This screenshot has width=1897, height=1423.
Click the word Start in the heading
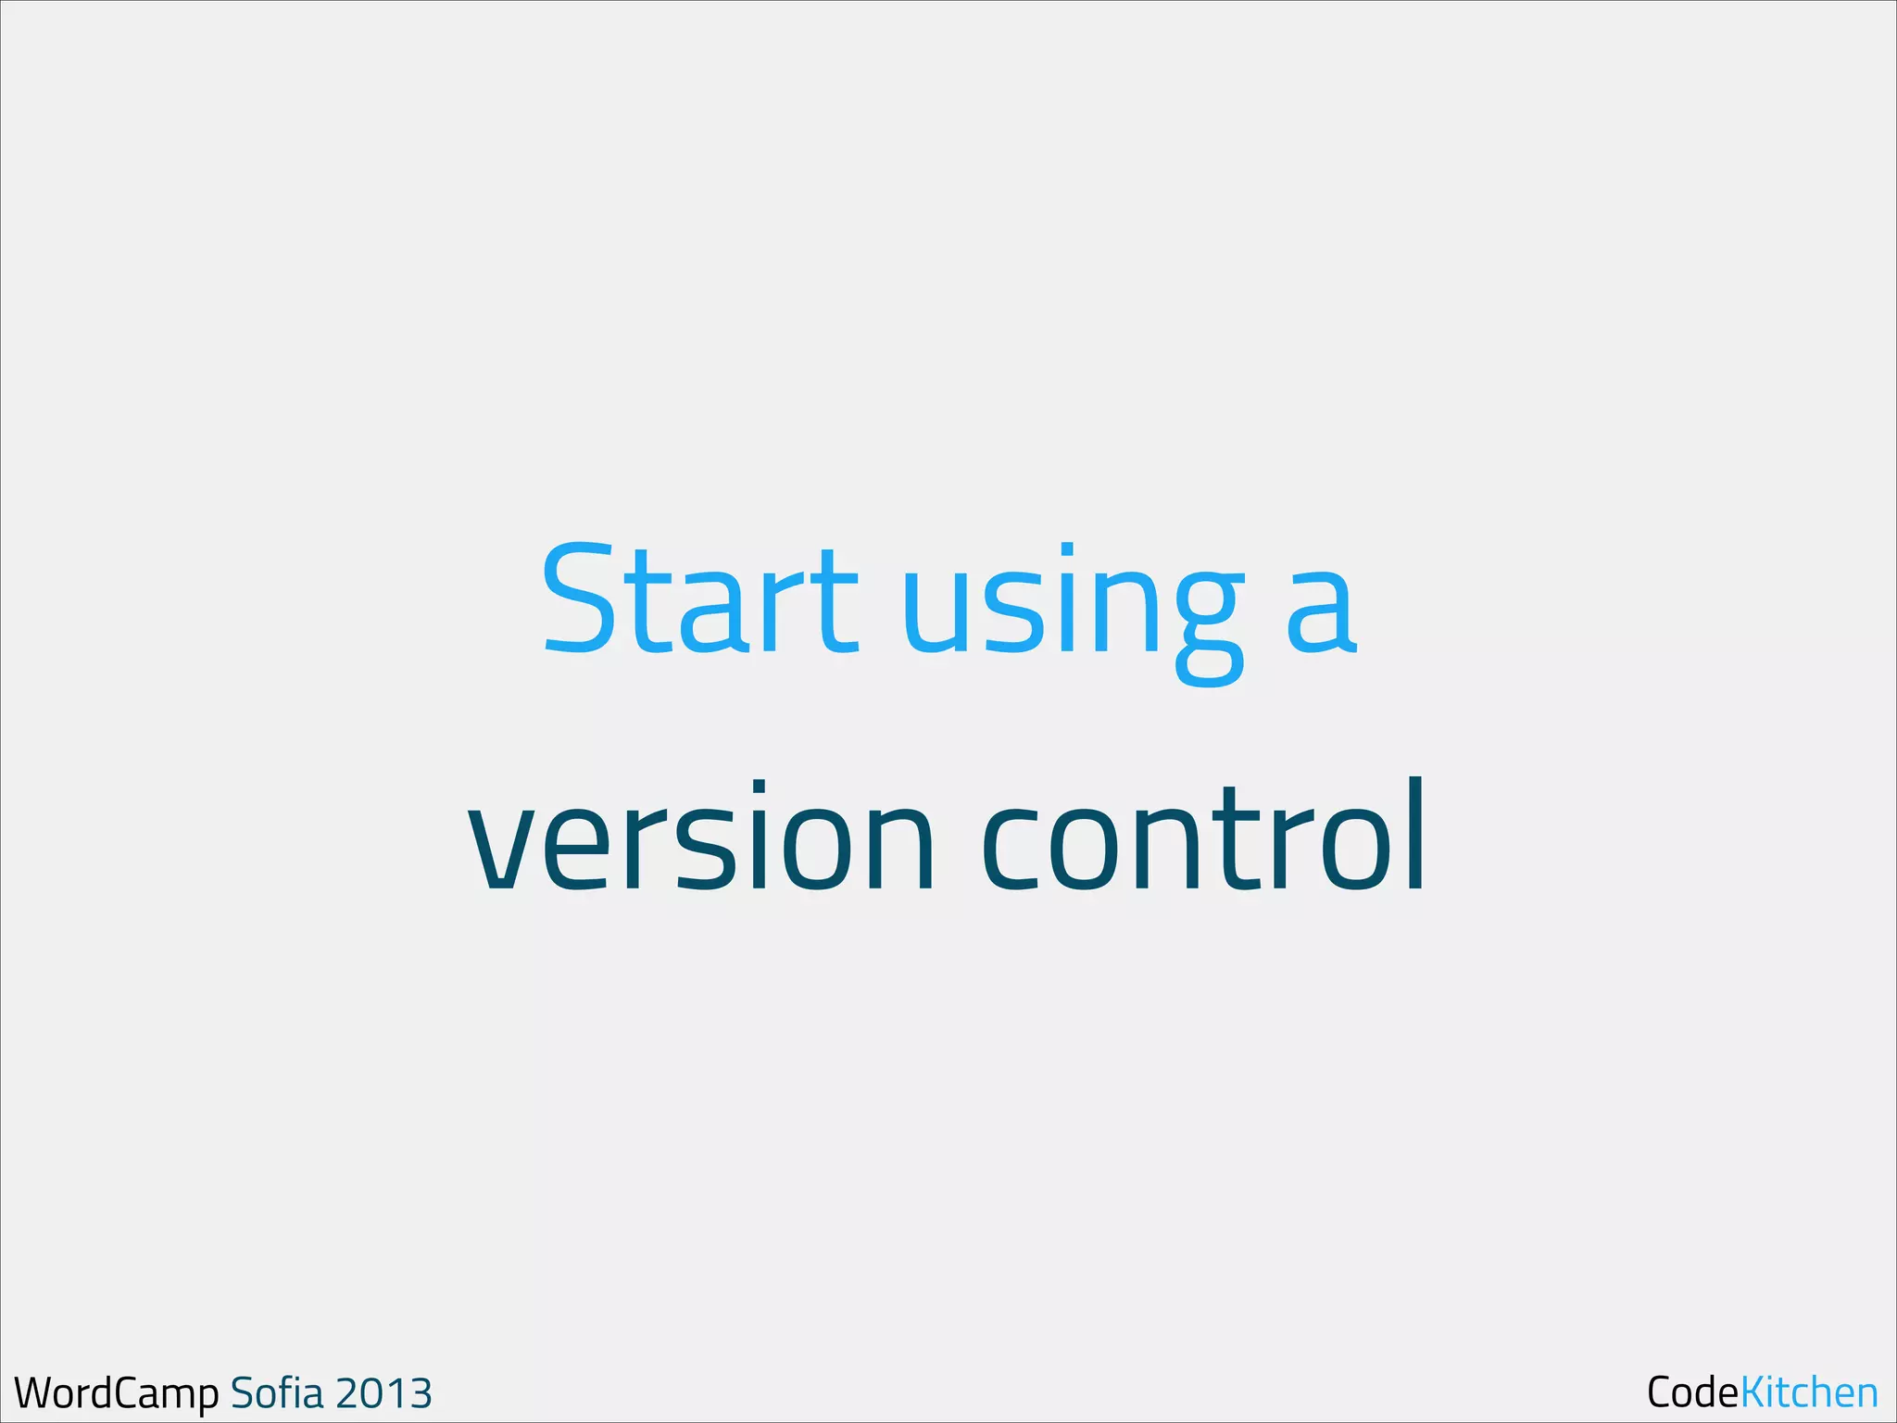click(700, 599)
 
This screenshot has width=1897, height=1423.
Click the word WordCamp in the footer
click(117, 1393)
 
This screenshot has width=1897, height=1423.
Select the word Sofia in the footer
click(277, 1392)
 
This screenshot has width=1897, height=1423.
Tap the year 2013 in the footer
click(383, 1393)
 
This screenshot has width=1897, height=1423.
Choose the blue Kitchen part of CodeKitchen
click(1809, 1392)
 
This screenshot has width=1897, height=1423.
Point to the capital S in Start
click(579, 599)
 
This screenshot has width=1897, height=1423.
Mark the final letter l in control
click(1414, 834)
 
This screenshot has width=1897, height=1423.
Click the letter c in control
click(1016, 848)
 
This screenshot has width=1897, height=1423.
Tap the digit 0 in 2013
click(371, 1393)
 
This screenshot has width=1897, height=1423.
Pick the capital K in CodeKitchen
click(1753, 1392)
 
